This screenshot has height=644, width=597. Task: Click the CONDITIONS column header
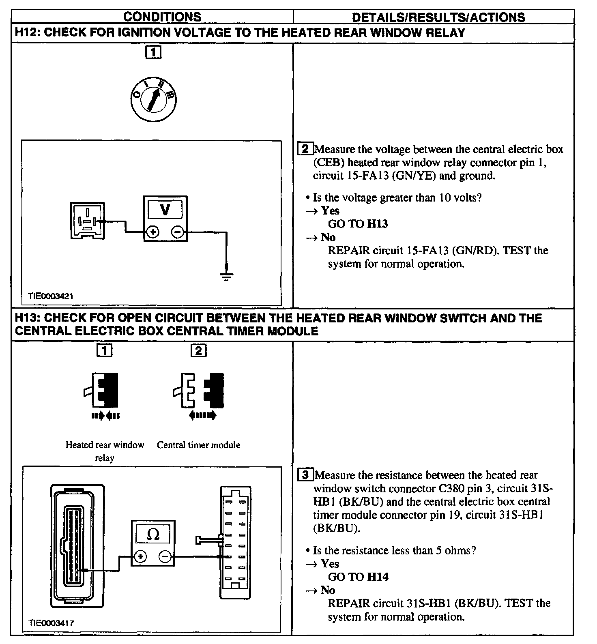tap(162, 17)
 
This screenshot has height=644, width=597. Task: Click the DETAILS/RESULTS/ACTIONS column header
tap(438, 17)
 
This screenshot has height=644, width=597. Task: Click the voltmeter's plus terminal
tap(153, 232)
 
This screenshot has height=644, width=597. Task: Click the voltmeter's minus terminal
tap(178, 232)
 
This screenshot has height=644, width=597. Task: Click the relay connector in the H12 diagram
tap(87, 221)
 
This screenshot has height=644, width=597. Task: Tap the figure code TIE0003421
tap(50, 296)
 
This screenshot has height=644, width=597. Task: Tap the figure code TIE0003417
tap(51, 623)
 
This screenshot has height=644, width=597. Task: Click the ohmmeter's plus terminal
tap(140, 556)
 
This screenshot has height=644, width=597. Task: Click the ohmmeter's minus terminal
tap(165, 556)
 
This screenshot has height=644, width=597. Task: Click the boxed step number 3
tap(305, 474)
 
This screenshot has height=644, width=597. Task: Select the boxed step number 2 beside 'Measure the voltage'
tap(305, 149)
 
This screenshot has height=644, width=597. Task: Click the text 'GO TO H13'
tap(358, 224)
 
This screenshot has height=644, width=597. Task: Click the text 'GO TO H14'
tap(358, 577)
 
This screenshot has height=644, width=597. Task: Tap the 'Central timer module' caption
tap(198, 445)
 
